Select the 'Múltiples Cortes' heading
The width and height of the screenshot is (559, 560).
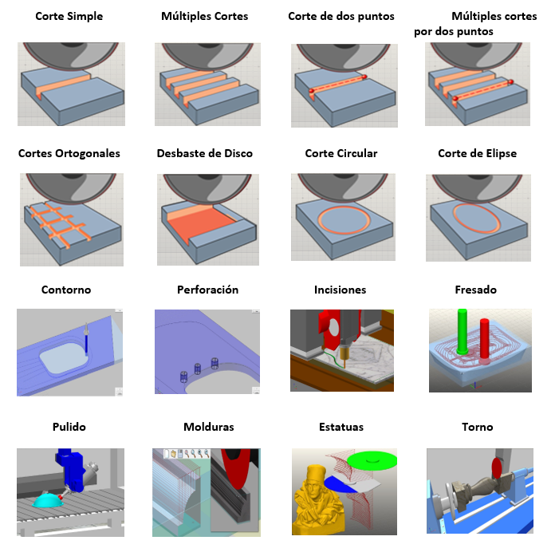point(204,17)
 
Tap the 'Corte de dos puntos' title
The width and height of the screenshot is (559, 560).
point(341,17)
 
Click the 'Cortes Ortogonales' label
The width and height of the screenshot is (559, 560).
point(69,153)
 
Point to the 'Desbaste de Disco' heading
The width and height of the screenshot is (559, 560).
point(204,153)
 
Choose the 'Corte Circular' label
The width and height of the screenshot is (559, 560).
point(341,153)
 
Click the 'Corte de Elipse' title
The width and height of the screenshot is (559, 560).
point(477,153)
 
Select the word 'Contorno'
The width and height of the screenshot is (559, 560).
point(66,290)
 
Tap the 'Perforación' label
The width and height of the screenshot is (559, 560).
point(207,290)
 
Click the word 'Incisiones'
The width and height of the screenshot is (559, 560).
point(341,290)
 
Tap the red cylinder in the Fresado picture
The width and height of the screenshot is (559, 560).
point(485,338)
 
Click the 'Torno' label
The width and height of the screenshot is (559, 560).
point(478,427)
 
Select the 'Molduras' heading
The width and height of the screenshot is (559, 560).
point(208,427)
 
